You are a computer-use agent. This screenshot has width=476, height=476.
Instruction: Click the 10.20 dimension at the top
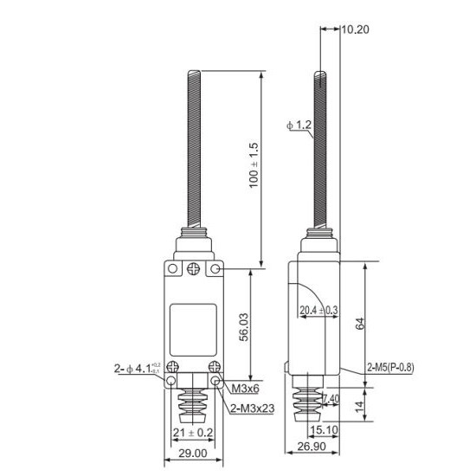tap(355, 29)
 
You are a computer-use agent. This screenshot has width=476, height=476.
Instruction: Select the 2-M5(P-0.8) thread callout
tap(390, 367)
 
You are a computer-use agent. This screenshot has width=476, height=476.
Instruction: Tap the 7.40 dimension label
tap(331, 399)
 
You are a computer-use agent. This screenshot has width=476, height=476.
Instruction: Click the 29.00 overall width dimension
tap(193, 453)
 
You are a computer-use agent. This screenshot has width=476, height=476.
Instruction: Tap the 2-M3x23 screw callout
tap(252, 407)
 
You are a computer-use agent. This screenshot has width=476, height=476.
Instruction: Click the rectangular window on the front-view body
tap(192, 322)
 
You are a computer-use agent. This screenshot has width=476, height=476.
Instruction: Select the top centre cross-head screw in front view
tap(194, 269)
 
